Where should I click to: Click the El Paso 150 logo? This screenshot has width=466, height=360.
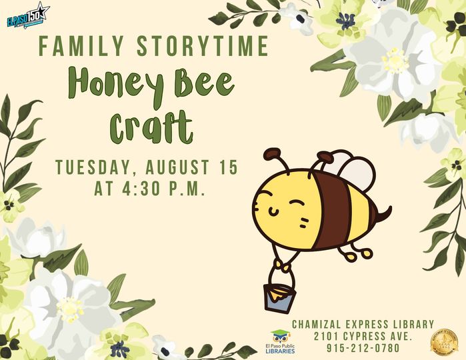[28, 15]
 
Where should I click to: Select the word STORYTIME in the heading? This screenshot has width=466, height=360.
[203, 47]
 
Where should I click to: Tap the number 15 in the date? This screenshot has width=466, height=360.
[227, 167]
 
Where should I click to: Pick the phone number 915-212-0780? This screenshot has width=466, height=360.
[363, 348]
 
